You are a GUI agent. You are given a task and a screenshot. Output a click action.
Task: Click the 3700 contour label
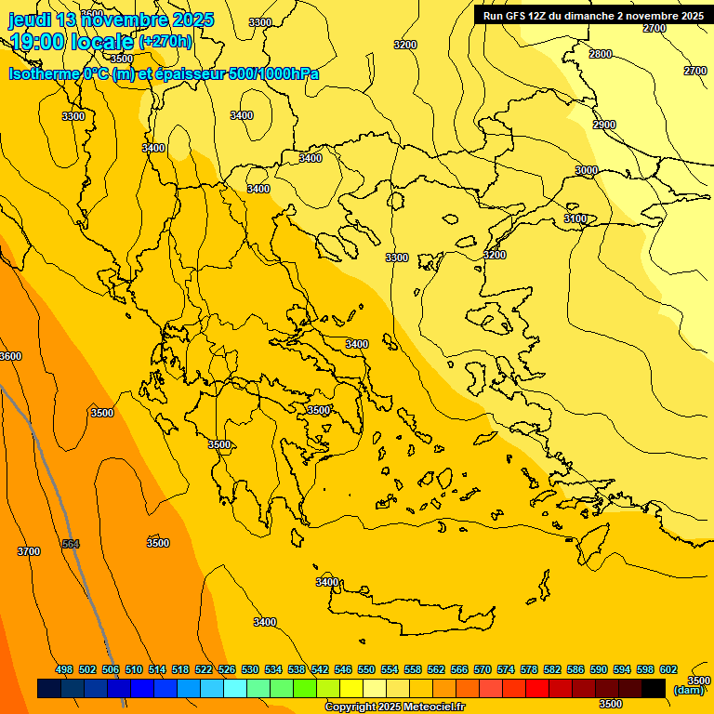pyautogui.click(x=29, y=551)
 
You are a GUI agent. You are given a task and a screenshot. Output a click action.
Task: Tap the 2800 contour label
pyautogui.click(x=601, y=54)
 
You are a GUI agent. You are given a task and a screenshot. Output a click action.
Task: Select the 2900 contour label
pyautogui.click(x=604, y=125)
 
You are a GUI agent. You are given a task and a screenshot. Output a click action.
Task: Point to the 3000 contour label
pyautogui.click(x=587, y=170)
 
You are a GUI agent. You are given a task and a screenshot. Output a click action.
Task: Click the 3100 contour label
pyautogui.click(x=575, y=218)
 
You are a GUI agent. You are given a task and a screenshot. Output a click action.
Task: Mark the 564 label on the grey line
pyautogui.click(x=71, y=544)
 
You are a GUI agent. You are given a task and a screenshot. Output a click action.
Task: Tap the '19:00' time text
pyautogui.click(x=39, y=42)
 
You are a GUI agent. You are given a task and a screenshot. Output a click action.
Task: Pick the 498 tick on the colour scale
pyautogui.click(x=64, y=670)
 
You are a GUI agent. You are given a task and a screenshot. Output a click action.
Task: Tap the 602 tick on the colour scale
pyautogui.click(x=668, y=670)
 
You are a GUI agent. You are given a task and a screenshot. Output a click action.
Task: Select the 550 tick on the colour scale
pyautogui.click(x=366, y=670)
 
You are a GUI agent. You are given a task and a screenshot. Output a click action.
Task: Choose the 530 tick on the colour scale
pyautogui.click(x=250, y=670)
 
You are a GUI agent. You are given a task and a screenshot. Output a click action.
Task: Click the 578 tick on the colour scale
pyautogui.click(x=529, y=670)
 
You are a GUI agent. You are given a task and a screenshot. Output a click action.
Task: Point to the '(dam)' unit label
pyautogui.click(x=688, y=690)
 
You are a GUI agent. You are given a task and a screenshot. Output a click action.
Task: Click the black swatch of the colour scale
pyautogui.click(x=654, y=689)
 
